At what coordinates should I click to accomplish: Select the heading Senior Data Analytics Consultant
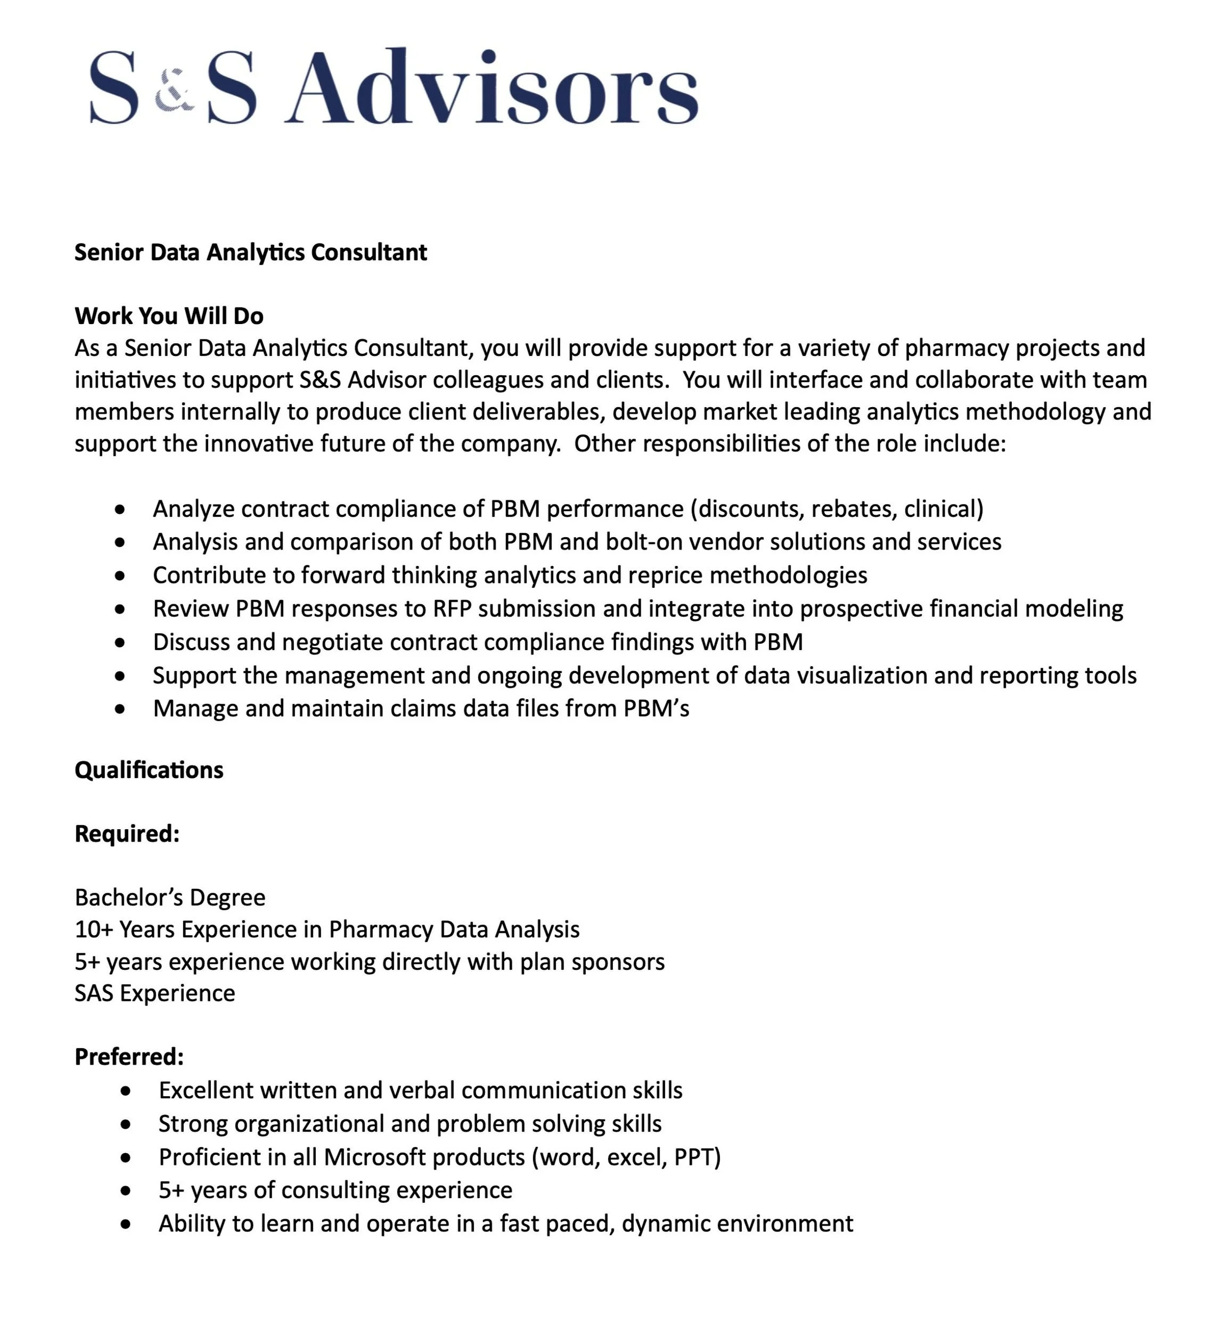tap(250, 253)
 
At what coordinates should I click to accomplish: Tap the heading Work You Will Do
tap(169, 317)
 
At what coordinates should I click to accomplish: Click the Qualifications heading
tap(149, 770)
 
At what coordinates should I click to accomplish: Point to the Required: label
tap(127, 834)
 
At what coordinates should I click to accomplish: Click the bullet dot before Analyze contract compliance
tap(119, 509)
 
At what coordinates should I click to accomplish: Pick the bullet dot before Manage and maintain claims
tap(119, 709)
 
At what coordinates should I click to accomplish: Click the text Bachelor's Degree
tap(170, 898)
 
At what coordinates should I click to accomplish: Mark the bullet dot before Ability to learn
tap(126, 1225)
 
